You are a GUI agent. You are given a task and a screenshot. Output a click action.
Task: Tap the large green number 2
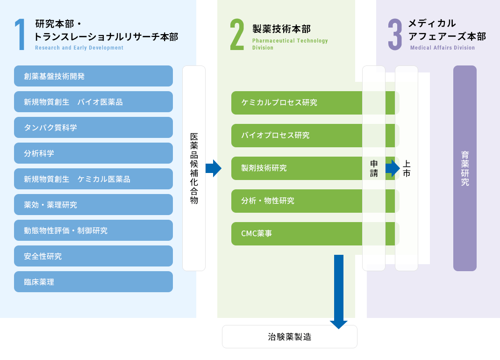(x=237, y=35)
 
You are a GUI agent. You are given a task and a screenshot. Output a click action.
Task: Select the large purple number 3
(x=395, y=35)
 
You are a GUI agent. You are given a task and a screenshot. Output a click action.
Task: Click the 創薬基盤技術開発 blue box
(x=93, y=76)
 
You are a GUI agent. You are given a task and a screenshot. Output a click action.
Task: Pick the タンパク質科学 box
(x=93, y=128)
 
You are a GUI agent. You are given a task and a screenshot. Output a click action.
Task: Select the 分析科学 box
(x=93, y=153)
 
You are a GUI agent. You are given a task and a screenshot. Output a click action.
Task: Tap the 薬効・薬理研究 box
(x=93, y=205)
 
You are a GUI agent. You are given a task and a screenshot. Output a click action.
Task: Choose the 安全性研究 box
(x=93, y=256)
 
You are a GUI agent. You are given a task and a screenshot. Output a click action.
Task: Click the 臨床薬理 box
(x=93, y=282)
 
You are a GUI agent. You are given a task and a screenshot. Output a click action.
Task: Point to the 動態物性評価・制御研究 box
(x=93, y=230)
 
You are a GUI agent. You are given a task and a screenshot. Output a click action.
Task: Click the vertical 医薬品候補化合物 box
(x=194, y=168)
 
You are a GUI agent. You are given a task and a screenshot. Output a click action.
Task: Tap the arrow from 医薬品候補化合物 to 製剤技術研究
(x=214, y=168)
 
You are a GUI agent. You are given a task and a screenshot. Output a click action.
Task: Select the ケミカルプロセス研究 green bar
(x=297, y=103)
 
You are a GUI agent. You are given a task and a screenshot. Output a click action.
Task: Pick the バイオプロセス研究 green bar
(x=297, y=136)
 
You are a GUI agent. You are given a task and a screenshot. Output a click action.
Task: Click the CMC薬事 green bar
(x=297, y=234)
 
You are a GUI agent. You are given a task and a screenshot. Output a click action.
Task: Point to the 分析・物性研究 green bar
(x=297, y=201)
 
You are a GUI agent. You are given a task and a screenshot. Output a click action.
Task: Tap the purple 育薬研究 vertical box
(x=465, y=168)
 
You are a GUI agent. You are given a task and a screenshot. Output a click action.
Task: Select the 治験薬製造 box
(x=290, y=337)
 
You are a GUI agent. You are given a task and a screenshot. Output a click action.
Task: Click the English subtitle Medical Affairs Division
(x=443, y=48)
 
